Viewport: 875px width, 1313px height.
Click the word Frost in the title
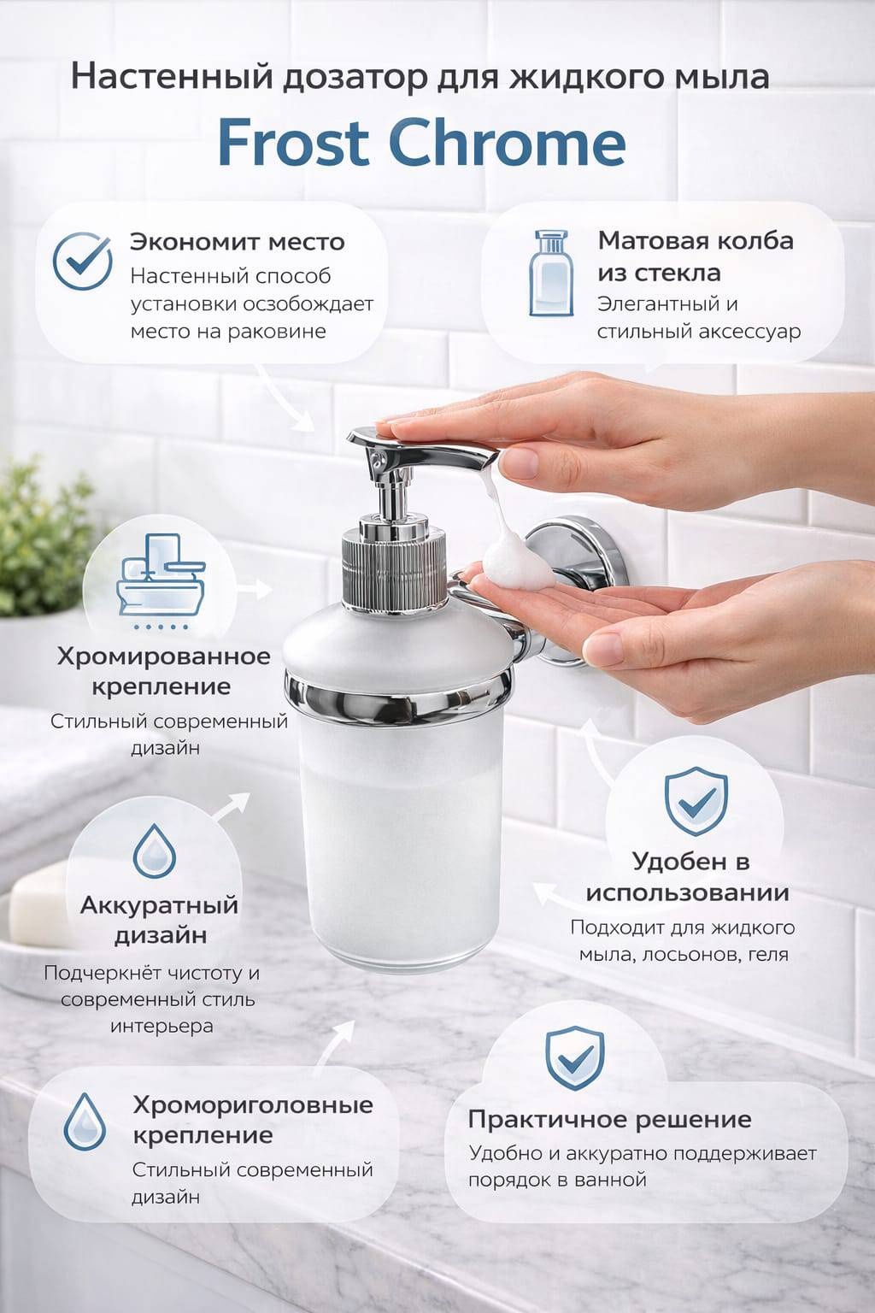point(294,143)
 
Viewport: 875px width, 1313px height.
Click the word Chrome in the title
point(508,142)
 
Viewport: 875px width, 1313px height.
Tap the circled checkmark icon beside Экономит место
point(82,262)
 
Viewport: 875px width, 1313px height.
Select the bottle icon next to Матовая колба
point(551,274)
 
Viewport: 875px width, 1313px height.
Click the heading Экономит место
point(238,242)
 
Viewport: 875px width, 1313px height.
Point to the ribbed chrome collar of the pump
point(393,566)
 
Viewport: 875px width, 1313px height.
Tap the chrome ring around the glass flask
point(398,697)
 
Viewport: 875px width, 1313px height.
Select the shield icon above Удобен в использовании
point(696,801)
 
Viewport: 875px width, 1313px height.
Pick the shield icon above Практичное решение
point(574,1058)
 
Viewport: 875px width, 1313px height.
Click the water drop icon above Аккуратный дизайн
point(154,851)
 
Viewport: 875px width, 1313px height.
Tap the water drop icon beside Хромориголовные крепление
point(85,1122)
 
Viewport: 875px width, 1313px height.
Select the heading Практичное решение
point(609,1120)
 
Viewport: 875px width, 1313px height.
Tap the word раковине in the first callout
point(277,332)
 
